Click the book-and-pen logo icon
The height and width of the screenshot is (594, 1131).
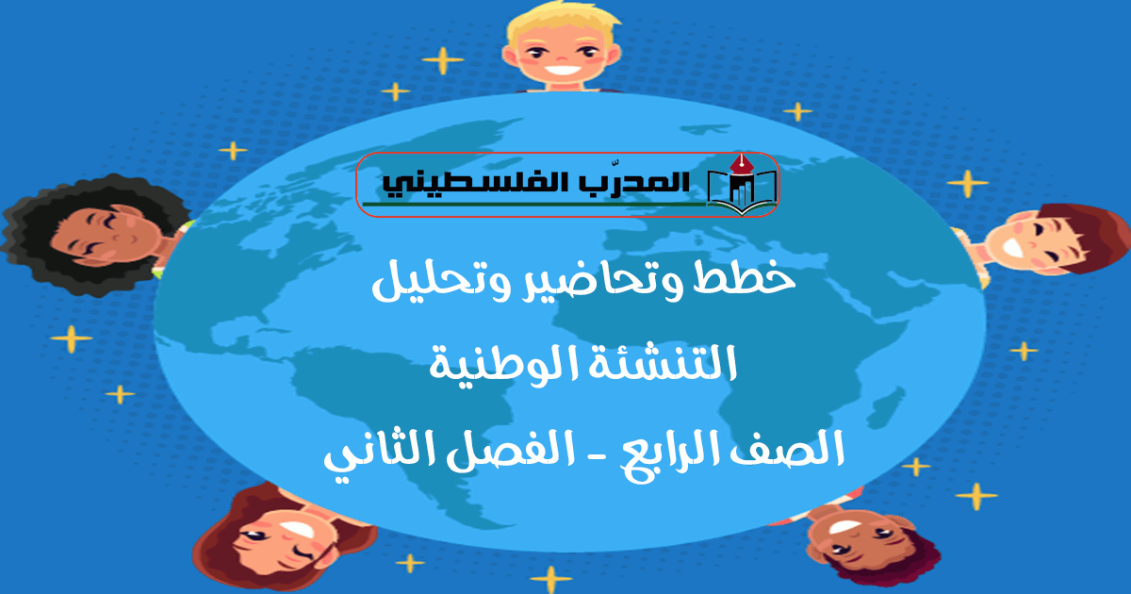[x=741, y=185]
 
